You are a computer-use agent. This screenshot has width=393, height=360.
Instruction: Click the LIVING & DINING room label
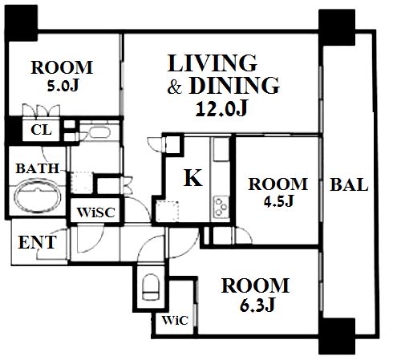224,75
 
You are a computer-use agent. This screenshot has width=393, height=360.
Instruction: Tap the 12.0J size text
222,108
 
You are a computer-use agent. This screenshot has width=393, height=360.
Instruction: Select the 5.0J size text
63,86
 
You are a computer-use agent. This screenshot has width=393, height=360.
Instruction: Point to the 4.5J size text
279,200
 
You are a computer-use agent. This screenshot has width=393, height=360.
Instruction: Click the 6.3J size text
257,305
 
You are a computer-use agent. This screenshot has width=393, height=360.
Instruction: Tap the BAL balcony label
349,184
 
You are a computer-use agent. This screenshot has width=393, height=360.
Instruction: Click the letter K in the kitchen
192,177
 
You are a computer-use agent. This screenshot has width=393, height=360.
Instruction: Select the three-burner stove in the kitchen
221,207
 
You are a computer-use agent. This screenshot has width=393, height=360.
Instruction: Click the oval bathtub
37,196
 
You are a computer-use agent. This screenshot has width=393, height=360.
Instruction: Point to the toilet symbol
151,287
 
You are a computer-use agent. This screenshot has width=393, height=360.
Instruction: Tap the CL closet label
41,130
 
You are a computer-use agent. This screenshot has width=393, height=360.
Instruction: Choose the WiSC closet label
95,212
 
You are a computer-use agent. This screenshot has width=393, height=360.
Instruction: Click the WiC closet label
175,320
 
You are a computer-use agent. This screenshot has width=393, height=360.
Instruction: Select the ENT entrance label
38,242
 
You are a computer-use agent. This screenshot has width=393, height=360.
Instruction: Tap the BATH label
38,168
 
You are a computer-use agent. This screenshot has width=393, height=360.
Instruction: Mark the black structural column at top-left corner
21,23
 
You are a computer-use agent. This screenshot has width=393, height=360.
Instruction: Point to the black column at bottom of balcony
337,336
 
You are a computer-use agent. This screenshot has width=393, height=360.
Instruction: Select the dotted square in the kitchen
167,211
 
